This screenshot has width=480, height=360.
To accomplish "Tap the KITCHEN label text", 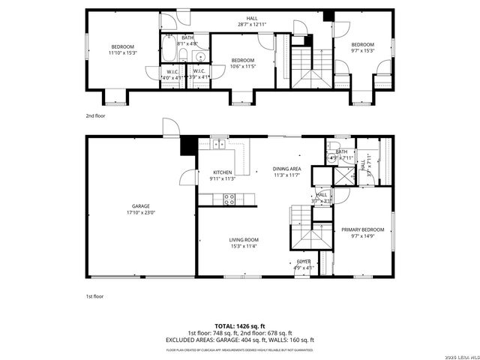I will pyautogui.click(x=222, y=172).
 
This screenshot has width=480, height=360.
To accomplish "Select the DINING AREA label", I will pyautogui.click(x=286, y=169).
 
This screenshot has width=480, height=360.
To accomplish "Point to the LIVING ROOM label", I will pyautogui.click(x=244, y=240).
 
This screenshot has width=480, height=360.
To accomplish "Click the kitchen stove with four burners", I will pyautogui.click(x=229, y=199).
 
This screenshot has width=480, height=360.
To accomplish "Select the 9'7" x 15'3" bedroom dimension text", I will pyautogui.click(x=362, y=50).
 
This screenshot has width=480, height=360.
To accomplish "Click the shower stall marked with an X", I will pyautogui.click(x=346, y=177).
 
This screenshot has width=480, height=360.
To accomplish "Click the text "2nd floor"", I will pyautogui.click(x=94, y=116).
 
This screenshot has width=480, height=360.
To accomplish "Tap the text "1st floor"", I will pyautogui.click(x=94, y=296).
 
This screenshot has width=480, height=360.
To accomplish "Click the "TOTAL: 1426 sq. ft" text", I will pyautogui.click(x=239, y=326).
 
